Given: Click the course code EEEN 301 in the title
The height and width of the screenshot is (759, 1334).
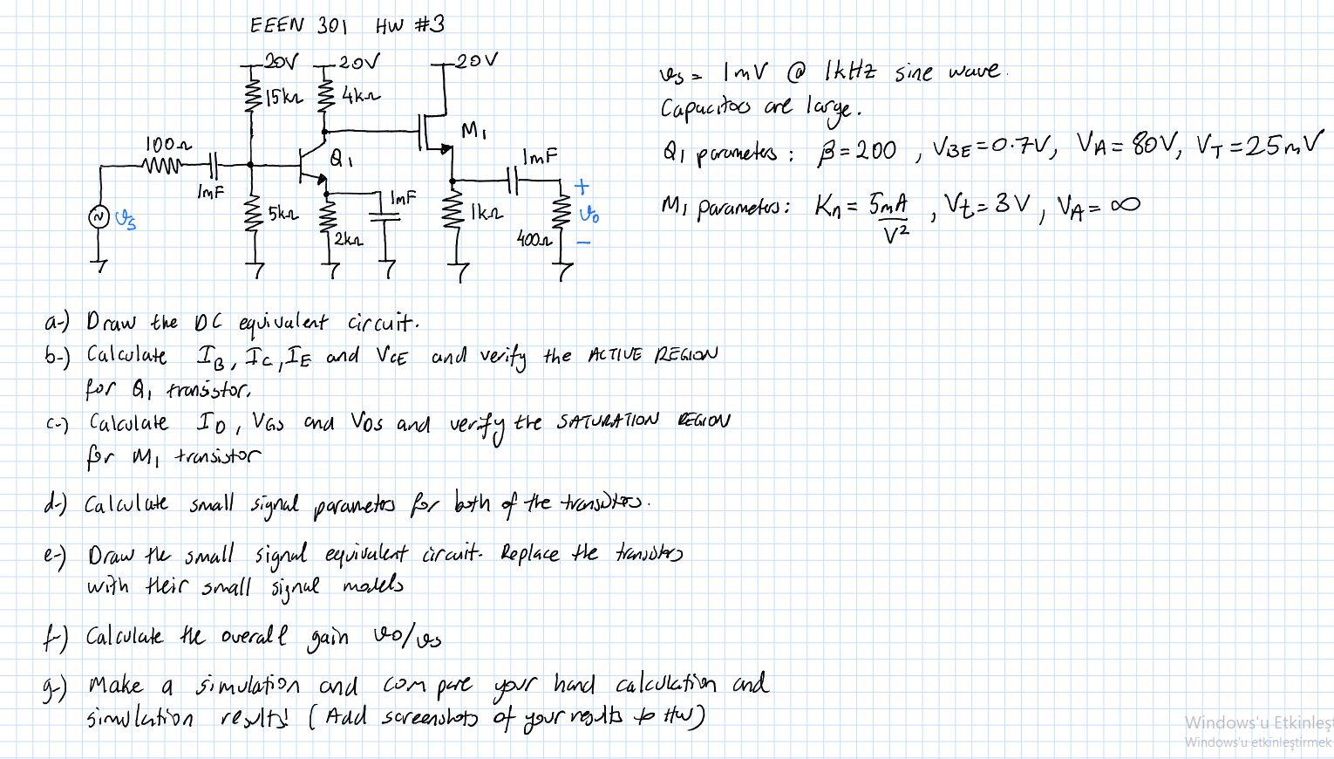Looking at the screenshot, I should click(x=297, y=24).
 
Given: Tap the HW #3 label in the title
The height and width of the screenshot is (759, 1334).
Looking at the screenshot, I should click(x=410, y=24).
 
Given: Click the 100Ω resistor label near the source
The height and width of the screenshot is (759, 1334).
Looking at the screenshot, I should click(x=168, y=144).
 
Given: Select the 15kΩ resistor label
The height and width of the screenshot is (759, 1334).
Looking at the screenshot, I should click(x=284, y=97).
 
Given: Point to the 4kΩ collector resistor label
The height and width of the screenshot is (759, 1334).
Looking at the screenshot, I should click(x=361, y=95).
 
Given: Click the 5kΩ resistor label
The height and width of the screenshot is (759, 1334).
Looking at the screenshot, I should click(x=283, y=213).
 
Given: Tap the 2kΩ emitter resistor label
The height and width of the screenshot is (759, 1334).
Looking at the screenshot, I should click(x=349, y=238).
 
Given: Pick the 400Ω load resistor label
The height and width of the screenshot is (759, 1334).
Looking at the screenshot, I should click(x=534, y=238).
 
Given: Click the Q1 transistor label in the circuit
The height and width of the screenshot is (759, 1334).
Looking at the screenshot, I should click(x=341, y=159).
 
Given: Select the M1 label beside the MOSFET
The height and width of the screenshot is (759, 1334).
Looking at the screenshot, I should click(x=473, y=132).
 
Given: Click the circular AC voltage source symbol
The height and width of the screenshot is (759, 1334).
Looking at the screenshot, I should click(x=100, y=216).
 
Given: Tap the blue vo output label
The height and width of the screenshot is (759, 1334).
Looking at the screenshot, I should click(x=589, y=214).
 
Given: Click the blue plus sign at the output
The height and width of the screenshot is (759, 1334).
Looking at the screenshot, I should click(x=582, y=186).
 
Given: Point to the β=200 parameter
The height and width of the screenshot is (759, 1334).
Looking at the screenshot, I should click(x=856, y=151).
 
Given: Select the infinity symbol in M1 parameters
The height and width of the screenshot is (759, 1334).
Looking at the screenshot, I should click(x=1124, y=205).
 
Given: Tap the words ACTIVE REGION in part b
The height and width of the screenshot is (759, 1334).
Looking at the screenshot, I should click(x=653, y=354).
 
